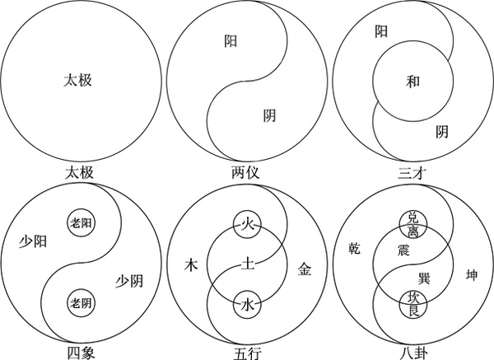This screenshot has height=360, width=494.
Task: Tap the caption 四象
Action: tap(82, 353)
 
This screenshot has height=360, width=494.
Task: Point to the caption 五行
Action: tap(247, 353)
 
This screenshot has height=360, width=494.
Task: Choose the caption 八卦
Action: tap(412, 353)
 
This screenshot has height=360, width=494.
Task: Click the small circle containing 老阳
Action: tap(82, 222)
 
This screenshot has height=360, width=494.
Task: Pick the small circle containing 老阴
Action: tap(82, 302)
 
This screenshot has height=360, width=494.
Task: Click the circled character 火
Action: tap(247, 223)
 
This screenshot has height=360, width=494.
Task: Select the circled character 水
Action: tap(247, 304)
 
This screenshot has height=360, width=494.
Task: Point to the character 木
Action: tap(191, 265)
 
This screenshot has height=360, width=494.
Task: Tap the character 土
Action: tap(247, 265)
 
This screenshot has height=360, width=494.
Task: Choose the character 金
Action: tap(304, 267)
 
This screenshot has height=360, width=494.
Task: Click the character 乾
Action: tap(354, 246)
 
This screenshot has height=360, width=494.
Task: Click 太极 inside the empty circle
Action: tap(82, 81)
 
